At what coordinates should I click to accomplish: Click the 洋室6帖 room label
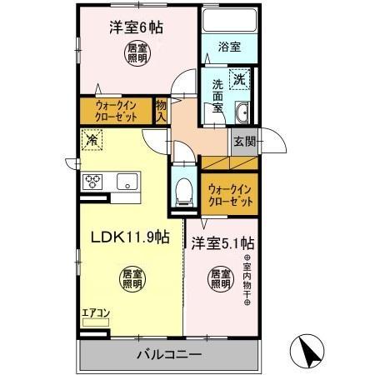pos(136,27)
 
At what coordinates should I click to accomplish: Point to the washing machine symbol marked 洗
pos(239,81)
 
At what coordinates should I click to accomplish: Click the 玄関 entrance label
pos(244,142)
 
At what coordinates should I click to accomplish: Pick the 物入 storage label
pos(162,111)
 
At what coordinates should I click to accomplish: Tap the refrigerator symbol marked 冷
pos(90,142)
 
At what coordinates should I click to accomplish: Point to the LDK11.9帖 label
pos(129,237)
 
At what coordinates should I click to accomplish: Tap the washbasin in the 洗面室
pos(242,114)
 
